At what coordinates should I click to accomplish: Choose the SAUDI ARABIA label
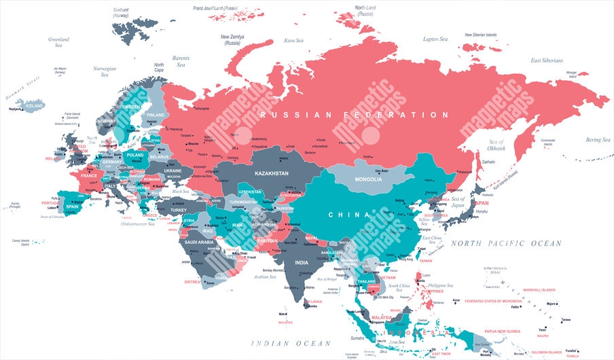click(200, 242)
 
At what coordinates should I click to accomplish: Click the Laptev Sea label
click(435, 39)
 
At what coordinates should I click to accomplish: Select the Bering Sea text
click(598, 140)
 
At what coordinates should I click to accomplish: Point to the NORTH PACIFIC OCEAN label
click(507, 243)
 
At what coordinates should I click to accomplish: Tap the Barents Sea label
click(181, 62)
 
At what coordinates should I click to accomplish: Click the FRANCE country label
click(89, 176)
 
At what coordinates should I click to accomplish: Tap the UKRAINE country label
click(173, 170)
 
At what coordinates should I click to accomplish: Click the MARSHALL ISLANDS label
click(539, 290)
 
